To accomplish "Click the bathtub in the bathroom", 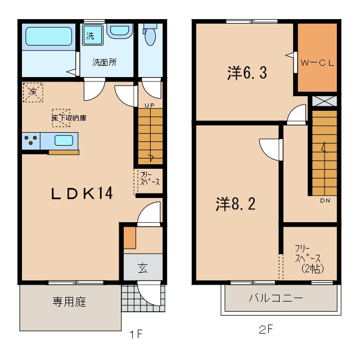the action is click(x=49, y=36).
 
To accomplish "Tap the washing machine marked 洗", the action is click(x=92, y=35).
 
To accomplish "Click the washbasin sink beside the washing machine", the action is click(x=120, y=30).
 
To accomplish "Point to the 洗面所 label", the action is click(x=105, y=62).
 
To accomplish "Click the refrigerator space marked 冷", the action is click(x=33, y=92).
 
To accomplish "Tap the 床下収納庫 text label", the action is click(x=69, y=118).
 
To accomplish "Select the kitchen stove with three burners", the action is click(x=31, y=141).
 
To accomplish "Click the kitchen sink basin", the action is click(x=64, y=140).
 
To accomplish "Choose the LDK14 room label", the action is click(x=82, y=193).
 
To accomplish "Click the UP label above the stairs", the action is click(x=150, y=105).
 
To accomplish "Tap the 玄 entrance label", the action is click(x=142, y=268).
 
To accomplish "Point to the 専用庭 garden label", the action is click(x=69, y=301).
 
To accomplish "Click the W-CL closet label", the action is click(x=317, y=63).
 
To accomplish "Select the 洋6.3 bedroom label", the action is click(x=247, y=73).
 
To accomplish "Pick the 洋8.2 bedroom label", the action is click(x=236, y=204).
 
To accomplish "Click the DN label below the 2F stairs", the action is click(x=325, y=201).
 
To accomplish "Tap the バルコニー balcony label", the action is click(x=276, y=298).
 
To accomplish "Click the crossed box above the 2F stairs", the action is click(x=325, y=101).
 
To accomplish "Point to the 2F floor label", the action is click(x=265, y=330).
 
